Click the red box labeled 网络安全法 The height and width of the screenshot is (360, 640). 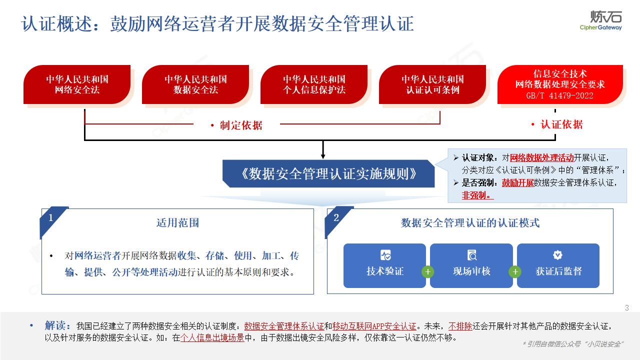click(x=77, y=84)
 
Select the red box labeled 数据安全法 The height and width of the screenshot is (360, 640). click(x=195, y=84)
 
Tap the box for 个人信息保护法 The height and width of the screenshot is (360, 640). click(x=314, y=84)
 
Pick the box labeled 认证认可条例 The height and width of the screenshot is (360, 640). click(x=432, y=84)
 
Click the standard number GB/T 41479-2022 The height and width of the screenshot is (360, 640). click(x=560, y=95)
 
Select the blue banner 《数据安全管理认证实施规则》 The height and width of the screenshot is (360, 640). click(x=328, y=173)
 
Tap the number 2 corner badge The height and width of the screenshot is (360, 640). click(x=336, y=217)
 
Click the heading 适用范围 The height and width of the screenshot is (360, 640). click(x=177, y=223)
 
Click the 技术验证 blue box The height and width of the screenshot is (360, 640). click(x=384, y=265)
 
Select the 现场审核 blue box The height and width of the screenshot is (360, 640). click(x=471, y=265)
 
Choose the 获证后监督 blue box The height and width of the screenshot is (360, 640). click(x=558, y=265)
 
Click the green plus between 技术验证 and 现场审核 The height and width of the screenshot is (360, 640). click(x=427, y=271)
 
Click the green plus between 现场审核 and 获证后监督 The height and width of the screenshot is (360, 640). click(x=515, y=271)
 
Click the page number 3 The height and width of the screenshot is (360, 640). click(x=627, y=308)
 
